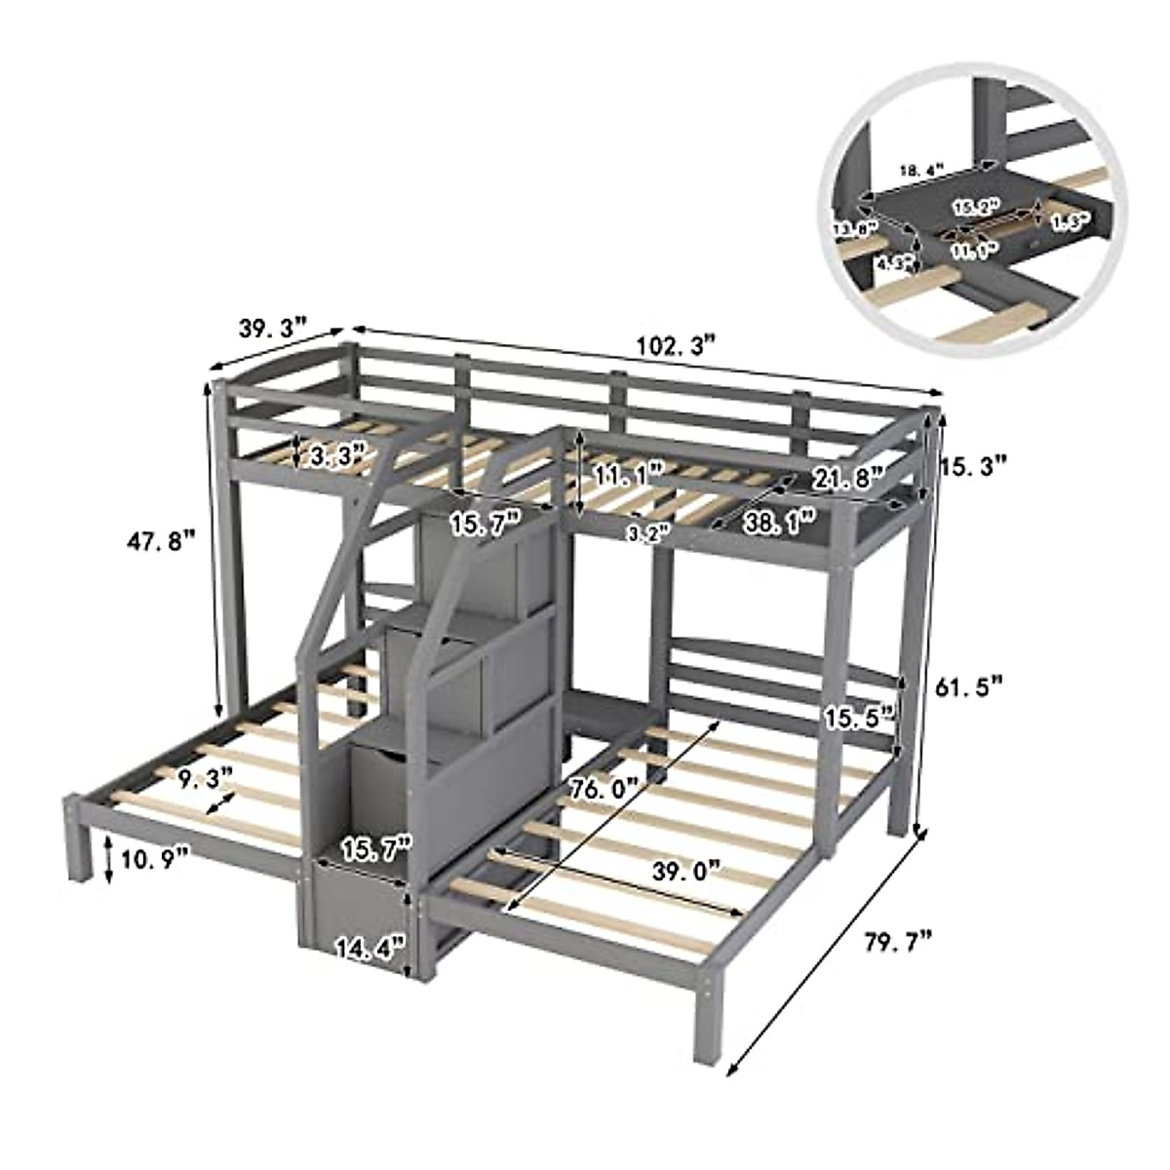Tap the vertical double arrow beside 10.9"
pyautogui.click(x=109, y=859)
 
